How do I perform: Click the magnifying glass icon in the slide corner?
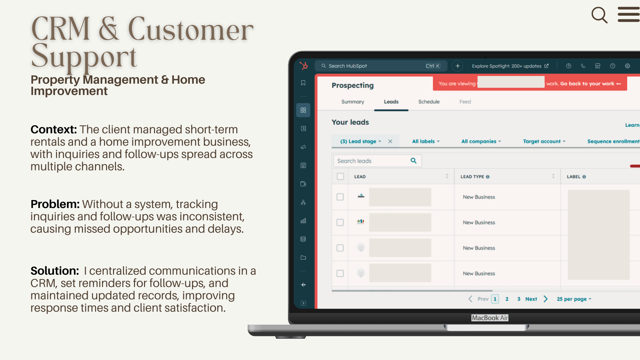click(x=599, y=15)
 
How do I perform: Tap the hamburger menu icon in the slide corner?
click(x=629, y=14)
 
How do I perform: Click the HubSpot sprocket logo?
click(x=304, y=66)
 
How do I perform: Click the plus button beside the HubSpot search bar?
click(x=458, y=66)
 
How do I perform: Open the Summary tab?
click(x=353, y=102)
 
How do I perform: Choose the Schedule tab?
click(x=429, y=102)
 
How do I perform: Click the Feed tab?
click(x=465, y=102)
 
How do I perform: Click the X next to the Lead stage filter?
click(x=390, y=141)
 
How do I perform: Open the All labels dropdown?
click(x=426, y=141)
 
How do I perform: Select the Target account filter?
click(x=544, y=141)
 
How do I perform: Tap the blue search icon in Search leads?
click(x=414, y=161)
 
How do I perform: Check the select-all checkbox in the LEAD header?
click(x=340, y=176)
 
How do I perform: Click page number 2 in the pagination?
click(x=507, y=299)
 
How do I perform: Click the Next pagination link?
click(x=531, y=299)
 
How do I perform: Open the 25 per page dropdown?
click(x=574, y=299)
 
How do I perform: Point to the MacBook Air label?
click(x=490, y=318)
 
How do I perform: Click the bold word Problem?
click(x=55, y=204)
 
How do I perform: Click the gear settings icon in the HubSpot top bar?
click(x=627, y=66)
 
